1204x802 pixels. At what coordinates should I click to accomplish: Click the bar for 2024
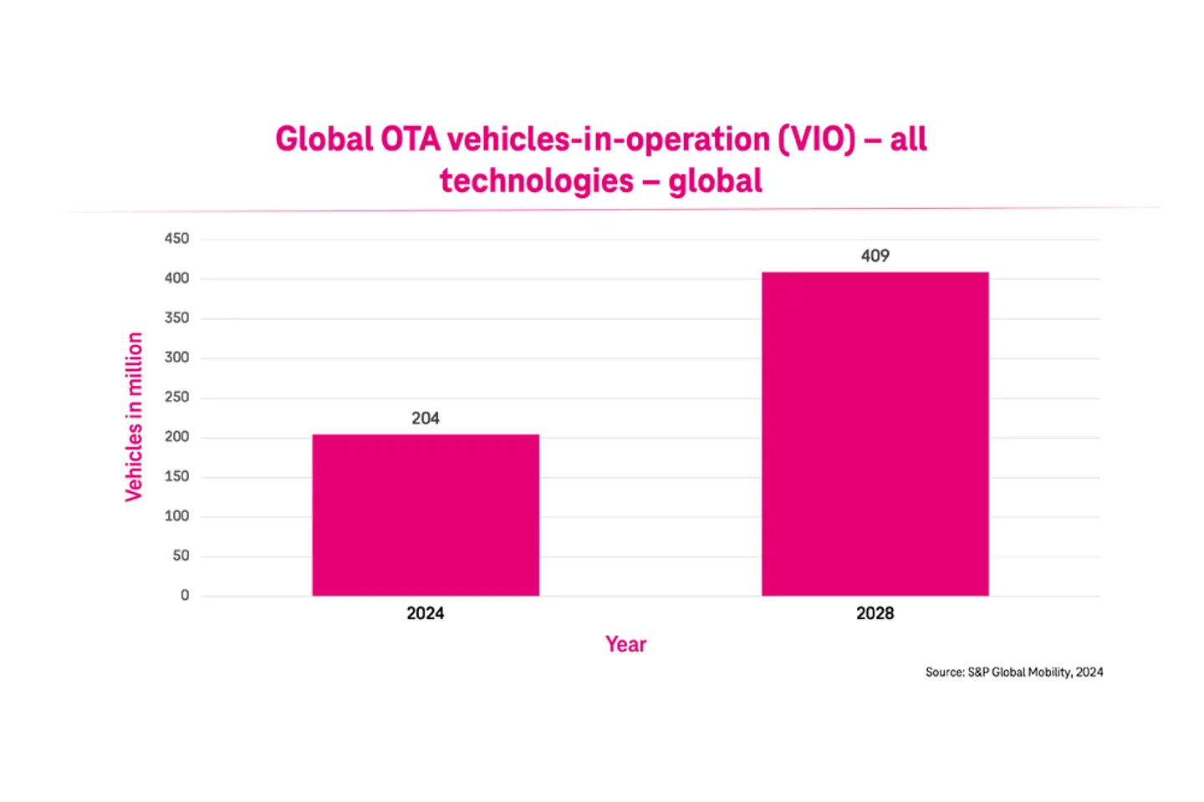coord(426,515)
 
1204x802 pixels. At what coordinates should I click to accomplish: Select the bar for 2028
coord(875,434)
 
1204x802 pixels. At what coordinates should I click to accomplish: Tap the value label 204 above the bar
coord(426,418)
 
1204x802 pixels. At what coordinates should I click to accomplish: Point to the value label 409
coord(875,256)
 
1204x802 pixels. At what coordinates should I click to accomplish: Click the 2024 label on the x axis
coord(426,613)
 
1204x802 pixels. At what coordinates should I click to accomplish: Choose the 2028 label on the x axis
coord(875,613)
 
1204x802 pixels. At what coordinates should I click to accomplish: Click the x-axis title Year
coord(625,644)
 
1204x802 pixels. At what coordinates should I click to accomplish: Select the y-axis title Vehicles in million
coord(134,417)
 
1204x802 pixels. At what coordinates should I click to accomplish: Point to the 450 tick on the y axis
coord(176,239)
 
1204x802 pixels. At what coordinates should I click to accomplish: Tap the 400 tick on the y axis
coord(176,278)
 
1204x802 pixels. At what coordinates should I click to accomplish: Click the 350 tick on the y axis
coord(176,318)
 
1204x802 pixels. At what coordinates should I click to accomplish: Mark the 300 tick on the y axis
coord(176,358)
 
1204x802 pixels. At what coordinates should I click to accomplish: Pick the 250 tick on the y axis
coord(176,398)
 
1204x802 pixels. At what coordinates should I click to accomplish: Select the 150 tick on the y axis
coord(176,476)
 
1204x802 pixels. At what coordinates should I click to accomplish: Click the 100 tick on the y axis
coord(176,516)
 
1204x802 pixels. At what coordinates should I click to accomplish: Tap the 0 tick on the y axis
coord(185,596)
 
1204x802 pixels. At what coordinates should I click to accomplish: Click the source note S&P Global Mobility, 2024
coord(1013,672)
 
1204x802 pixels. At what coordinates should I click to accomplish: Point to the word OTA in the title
coord(410,140)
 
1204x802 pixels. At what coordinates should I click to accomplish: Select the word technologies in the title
coord(537,181)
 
